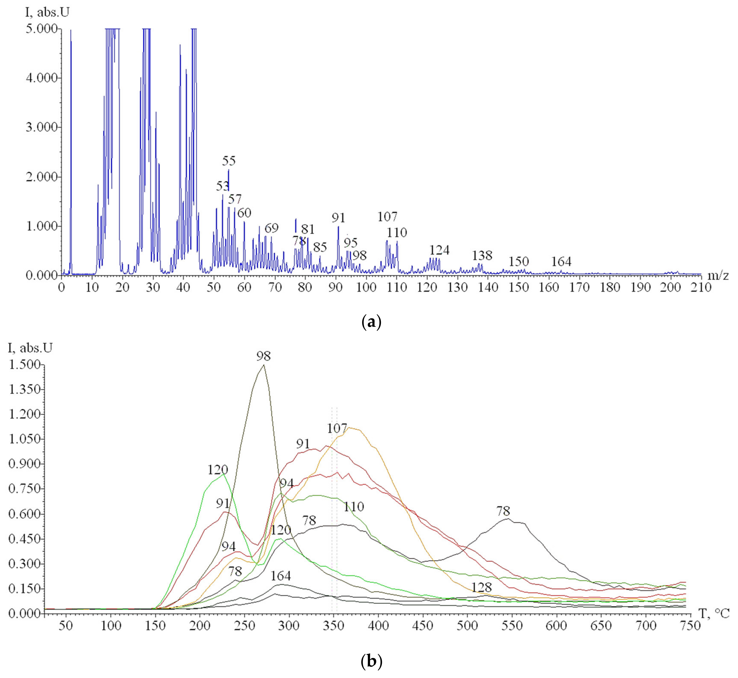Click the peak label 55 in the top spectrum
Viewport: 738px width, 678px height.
tap(229, 161)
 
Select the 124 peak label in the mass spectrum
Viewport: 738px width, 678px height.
tap(439, 250)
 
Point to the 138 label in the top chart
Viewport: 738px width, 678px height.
tap(482, 255)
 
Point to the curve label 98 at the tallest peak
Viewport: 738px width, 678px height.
tap(263, 356)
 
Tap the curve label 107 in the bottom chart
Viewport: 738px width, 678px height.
tap(337, 428)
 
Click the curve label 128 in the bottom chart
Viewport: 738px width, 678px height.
tap(481, 587)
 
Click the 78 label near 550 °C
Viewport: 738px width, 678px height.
tap(503, 511)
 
